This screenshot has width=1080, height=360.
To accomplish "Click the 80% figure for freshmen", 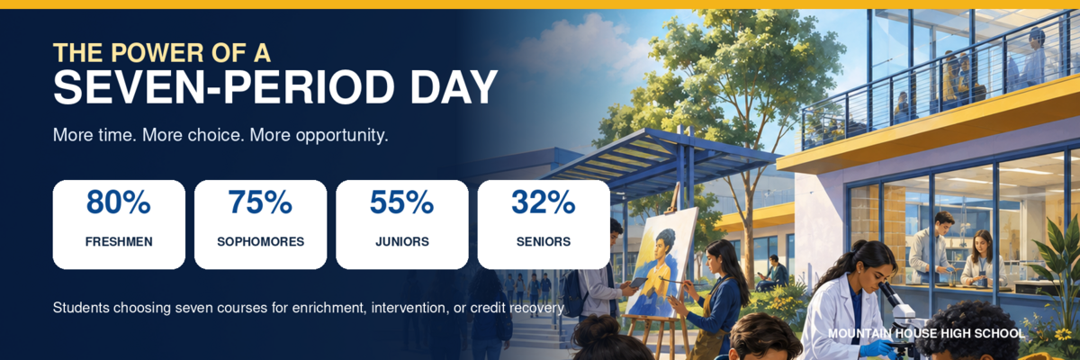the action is (119, 202).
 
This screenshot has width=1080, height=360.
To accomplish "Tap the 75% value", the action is (260, 202).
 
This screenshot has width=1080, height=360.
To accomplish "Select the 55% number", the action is (401, 202).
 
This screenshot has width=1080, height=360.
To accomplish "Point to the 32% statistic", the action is (544, 202).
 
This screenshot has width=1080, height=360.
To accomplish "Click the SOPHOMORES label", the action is (260, 241).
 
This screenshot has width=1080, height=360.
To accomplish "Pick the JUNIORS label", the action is (402, 241).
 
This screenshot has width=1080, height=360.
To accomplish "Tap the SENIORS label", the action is (544, 241).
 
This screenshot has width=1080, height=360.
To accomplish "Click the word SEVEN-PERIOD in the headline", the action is (223, 87).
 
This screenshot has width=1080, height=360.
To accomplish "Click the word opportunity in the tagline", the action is (342, 136).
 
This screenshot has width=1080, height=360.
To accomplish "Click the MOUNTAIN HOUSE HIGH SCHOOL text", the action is (926, 334).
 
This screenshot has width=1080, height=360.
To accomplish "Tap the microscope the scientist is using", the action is (895, 313).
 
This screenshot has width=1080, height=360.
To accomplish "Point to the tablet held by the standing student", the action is (637, 283).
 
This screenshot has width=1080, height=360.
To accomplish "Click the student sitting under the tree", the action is (773, 274).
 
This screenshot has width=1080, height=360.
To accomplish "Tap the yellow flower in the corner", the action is (1063, 334).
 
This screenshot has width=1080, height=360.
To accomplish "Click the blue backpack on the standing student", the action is (571, 293).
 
